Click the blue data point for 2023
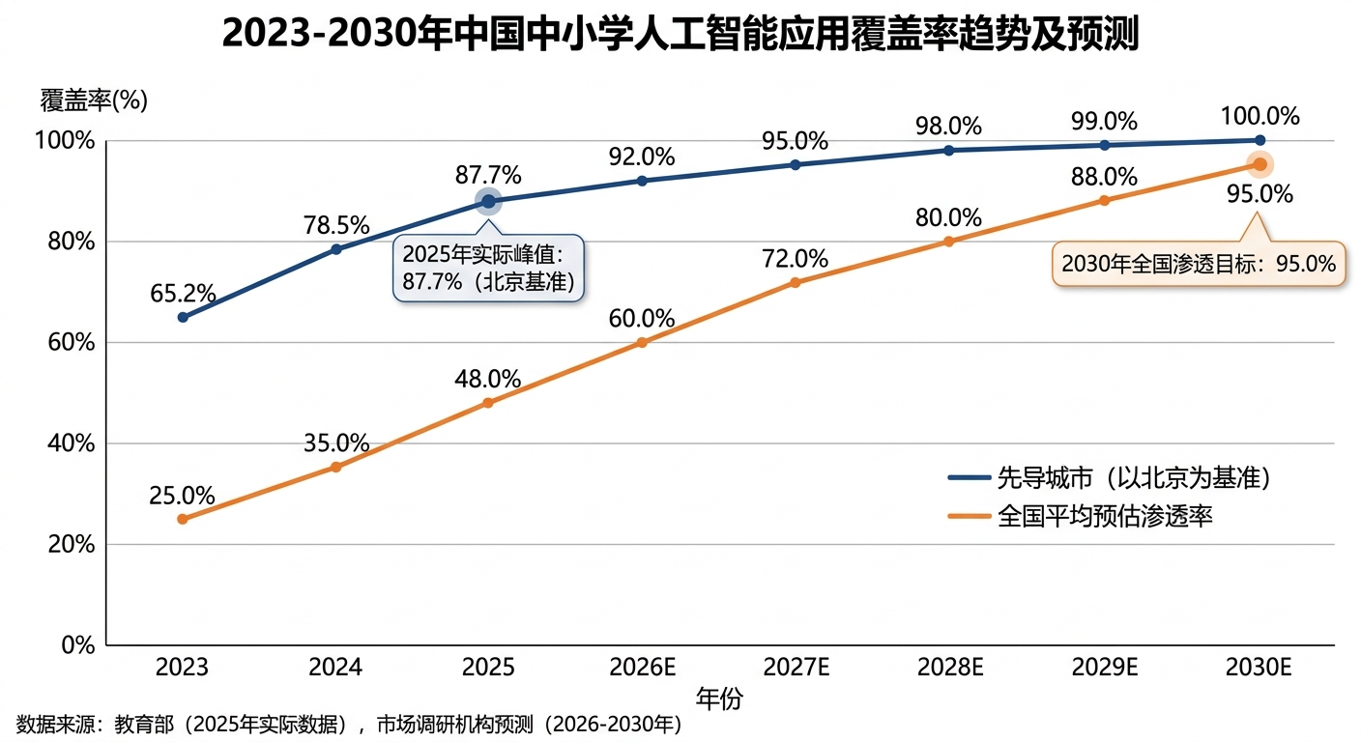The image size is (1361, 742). pyautogui.click(x=183, y=317)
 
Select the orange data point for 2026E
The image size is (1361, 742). pyautogui.click(x=642, y=342)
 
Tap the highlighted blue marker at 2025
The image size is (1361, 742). pyautogui.click(x=489, y=201)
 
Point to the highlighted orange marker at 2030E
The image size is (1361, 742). pyautogui.click(x=1260, y=164)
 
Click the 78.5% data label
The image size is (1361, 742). pyautogui.click(x=335, y=225)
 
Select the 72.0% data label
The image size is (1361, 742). pyautogui.click(x=795, y=259)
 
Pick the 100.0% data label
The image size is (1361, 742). pyautogui.click(x=1260, y=117)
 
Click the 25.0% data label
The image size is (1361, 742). pyautogui.click(x=182, y=496)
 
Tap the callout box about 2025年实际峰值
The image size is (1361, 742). pyautogui.click(x=489, y=268)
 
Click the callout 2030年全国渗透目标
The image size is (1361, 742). pyautogui.click(x=1198, y=264)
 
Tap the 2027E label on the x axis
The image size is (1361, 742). pyautogui.click(x=795, y=668)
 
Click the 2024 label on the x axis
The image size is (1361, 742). pyautogui.click(x=335, y=668)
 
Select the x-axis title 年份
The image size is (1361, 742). pyautogui.click(x=719, y=699)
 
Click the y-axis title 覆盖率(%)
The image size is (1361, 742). pyautogui.click(x=94, y=100)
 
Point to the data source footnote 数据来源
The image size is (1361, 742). pyautogui.click(x=349, y=725)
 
